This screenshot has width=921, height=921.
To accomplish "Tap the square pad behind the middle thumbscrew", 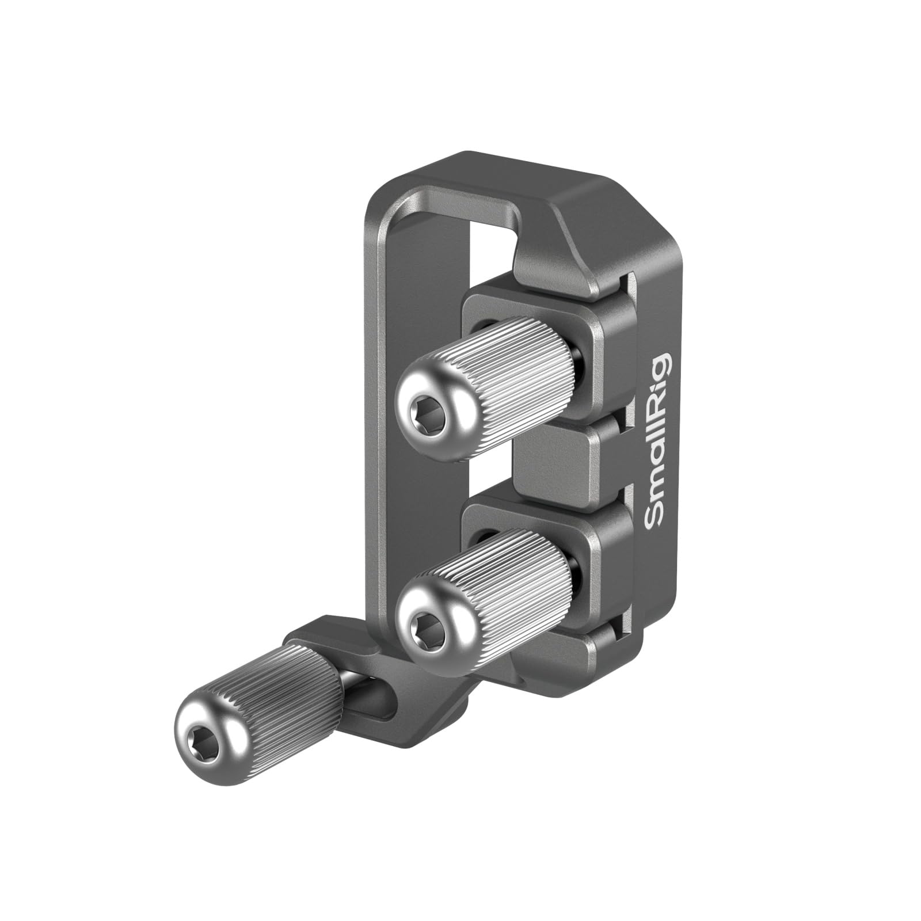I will tap(593, 553).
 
